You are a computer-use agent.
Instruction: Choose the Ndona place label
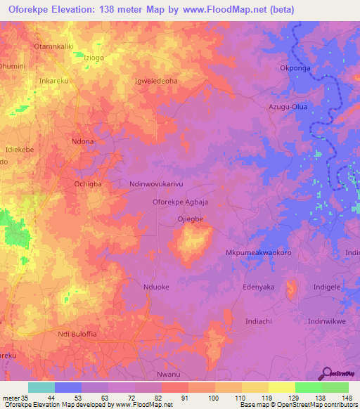[x=82, y=141]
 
